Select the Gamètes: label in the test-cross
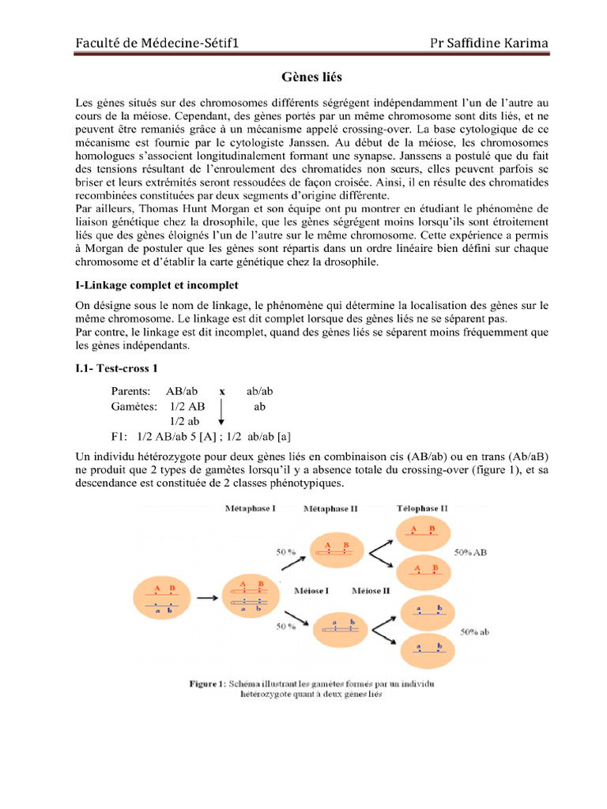coord(134,406)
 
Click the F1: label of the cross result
coord(121,436)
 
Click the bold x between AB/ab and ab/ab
coord(222,391)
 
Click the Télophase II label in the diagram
coord(422,509)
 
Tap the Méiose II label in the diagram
coord(371,590)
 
